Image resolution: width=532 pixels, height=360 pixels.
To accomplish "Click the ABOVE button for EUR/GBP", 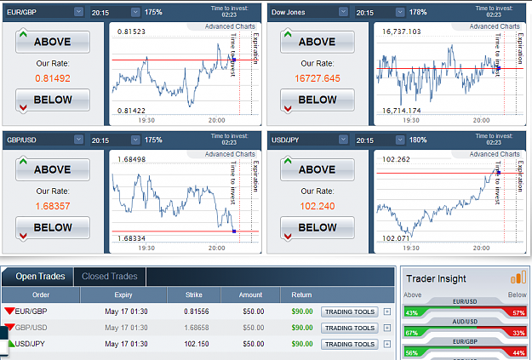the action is (53, 42).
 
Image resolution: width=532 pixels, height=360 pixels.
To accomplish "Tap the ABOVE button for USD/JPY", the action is (317, 169).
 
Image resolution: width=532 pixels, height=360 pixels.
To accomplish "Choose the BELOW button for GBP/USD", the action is (53, 227).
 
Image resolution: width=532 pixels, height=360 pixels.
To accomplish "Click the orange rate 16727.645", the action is (317, 78).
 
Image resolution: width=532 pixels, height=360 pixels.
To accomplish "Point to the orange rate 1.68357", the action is (53, 206).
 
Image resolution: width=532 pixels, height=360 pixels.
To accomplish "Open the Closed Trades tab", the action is (110, 277).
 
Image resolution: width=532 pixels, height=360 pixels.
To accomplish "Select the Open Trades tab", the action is (40, 277).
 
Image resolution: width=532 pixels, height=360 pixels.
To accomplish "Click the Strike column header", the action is (194, 294).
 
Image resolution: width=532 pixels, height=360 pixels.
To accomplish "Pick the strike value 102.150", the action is (197, 344).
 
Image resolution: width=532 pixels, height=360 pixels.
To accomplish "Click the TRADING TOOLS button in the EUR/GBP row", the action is (350, 311).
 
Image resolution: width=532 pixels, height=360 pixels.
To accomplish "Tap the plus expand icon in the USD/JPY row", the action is (387, 344).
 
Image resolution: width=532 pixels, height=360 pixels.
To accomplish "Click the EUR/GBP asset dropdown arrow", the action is (78, 12).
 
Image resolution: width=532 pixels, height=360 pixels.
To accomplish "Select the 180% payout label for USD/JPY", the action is (418, 140).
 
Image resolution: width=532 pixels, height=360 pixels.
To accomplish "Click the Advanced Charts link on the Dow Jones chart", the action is (495, 26).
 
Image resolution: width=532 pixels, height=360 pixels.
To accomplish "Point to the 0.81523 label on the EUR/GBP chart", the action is (131, 31).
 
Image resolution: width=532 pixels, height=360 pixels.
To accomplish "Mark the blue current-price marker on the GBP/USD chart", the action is (234, 231).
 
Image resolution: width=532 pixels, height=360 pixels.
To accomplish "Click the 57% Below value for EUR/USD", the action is (518, 313).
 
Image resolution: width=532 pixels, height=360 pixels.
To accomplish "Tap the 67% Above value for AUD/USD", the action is (411, 333).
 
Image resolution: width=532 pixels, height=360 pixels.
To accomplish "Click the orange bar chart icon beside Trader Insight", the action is (518, 277).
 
